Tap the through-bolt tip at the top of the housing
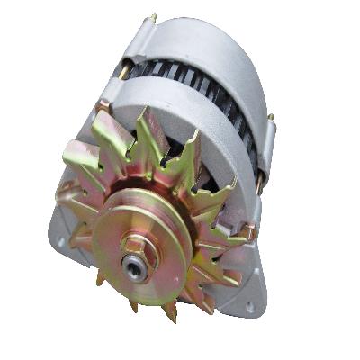153,17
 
